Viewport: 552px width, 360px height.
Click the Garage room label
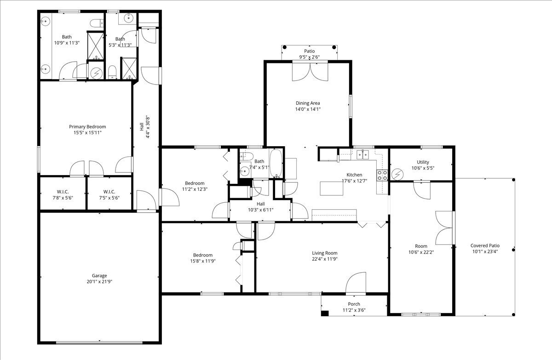99,275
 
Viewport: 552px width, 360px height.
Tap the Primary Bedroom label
87,126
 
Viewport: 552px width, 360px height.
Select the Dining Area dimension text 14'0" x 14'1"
308,109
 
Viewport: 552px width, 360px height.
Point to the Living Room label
325,253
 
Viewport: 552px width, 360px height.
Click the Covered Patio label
485,246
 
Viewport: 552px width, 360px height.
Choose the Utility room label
423,162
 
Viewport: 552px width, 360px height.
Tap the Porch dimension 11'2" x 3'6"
354,310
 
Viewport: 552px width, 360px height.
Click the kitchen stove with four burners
382,175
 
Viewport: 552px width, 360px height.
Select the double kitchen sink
363,154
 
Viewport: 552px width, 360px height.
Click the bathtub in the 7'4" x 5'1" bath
276,163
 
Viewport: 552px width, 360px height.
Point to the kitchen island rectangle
332,189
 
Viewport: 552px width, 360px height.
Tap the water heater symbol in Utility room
397,174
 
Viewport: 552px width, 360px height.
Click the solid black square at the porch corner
325,313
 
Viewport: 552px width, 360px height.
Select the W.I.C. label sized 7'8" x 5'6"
63,194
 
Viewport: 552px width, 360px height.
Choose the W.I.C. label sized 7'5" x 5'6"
109,194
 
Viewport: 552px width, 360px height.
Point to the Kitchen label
354,175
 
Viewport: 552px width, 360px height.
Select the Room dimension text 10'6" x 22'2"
421,252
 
